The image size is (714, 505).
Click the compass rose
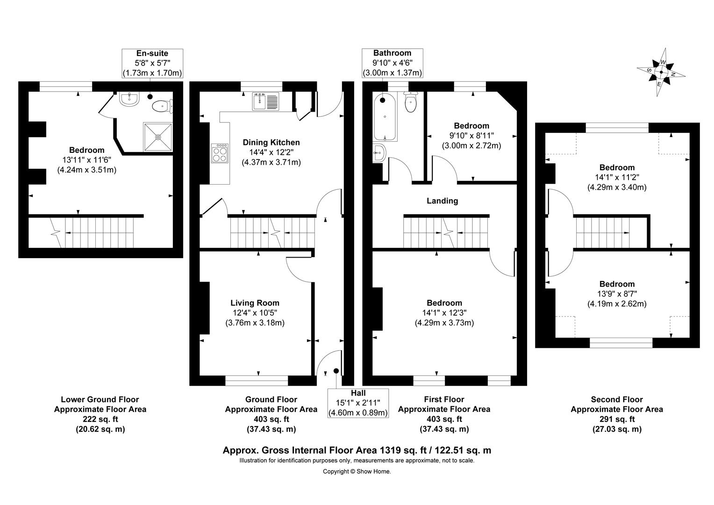661,72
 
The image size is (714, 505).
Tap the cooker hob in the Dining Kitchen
220,153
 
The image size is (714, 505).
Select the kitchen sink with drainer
265,101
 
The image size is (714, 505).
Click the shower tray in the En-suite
158,137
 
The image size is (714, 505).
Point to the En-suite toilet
162,106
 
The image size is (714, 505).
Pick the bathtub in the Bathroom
385,117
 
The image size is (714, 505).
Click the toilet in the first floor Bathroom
411,102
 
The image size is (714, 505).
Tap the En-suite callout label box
152,63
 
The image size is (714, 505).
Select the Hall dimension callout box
358,403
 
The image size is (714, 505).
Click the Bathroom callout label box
393,63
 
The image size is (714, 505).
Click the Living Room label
255,303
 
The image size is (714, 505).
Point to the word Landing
443,201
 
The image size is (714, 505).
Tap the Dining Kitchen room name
271,142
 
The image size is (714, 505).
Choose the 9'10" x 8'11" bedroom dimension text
472,136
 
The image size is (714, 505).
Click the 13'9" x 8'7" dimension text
617,294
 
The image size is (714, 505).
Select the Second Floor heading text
617,399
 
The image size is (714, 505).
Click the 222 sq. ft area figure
100,419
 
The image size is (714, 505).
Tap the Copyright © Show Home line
357,471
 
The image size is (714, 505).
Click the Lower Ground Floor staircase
93,232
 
